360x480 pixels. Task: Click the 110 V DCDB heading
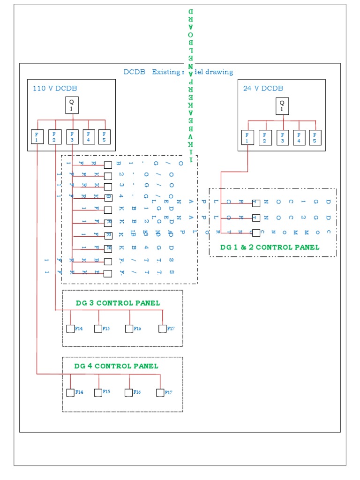[x=55, y=88]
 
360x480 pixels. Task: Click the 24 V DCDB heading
[x=262, y=88]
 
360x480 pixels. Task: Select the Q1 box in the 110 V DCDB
[x=72, y=105]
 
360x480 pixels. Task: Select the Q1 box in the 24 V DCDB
[x=282, y=105]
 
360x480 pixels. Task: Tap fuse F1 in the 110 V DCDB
[x=37, y=137]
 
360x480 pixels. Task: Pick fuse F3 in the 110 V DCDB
[x=72, y=137]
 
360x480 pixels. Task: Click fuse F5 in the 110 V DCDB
[x=105, y=137]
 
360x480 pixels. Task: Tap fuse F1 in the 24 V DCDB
[x=247, y=137]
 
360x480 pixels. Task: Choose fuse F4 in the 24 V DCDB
[x=299, y=137]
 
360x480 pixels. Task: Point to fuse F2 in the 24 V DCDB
[x=264, y=137]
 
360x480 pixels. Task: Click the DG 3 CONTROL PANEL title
[x=118, y=303]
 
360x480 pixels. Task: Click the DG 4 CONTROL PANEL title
[x=116, y=366]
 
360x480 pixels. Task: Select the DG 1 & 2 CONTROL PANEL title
[x=270, y=247]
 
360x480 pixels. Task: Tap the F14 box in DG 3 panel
[x=71, y=329]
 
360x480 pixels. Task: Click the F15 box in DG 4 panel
[x=97, y=392]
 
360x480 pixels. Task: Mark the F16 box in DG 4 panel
[x=128, y=392]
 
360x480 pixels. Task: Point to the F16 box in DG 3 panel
[x=129, y=329]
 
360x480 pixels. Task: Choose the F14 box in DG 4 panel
[x=70, y=392]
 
